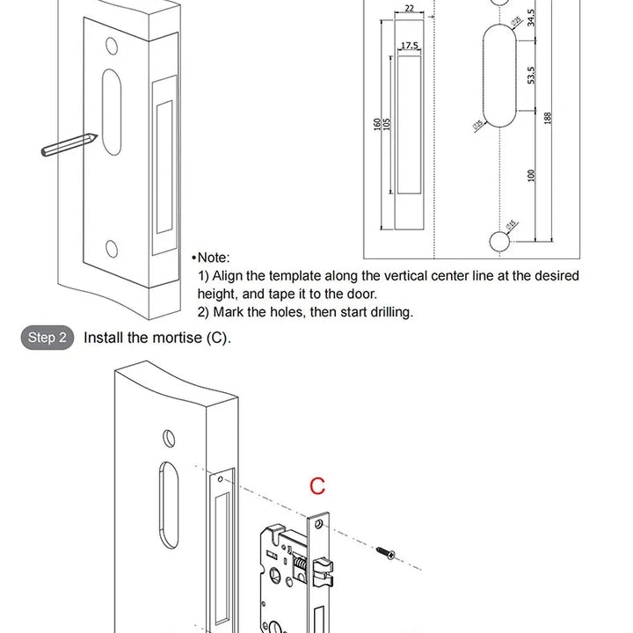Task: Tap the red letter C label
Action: pyautogui.click(x=317, y=485)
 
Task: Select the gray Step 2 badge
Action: pyautogui.click(x=47, y=338)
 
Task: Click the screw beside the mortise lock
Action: pyautogui.click(x=386, y=551)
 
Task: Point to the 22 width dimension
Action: pyautogui.click(x=410, y=9)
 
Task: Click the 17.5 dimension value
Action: pyautogui.click(x=410, y=45)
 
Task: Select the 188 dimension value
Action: pyautogui.click(x=548, y=119)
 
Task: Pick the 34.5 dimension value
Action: pyautogui.click(x=531, y=18)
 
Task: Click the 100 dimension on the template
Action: pyautogui.click(x=531, y=174)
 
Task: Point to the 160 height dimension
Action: pyautogui.click(x=377, y=125)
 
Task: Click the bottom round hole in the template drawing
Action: pyautogui.click(x=498, y=238)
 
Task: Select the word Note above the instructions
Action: pyautogui.click(x=213, y=258)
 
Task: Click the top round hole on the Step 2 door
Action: pyautogui.click(x=170, y=437)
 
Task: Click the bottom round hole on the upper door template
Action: pyautogui.click(x=112, y=248)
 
